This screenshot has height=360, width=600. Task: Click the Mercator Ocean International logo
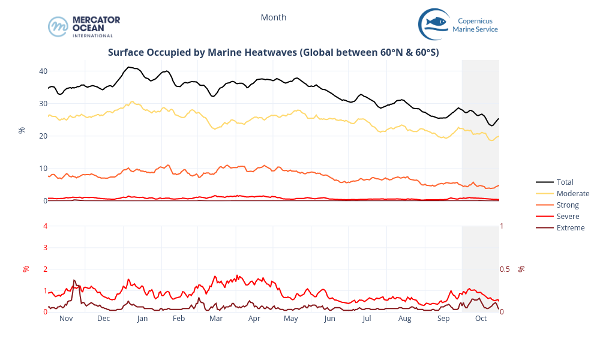pyautogui.click(x=84, y=26)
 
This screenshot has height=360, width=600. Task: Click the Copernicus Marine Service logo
pyautogui.click(x=458, y=25)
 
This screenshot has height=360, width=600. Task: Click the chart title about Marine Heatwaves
pyautogui.click(x=273, y=52)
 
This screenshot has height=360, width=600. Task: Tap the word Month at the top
pyautogui.click(x=273, y=17)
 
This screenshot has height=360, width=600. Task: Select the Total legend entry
pyautogui.click(x=565, y=182)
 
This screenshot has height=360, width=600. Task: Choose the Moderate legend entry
pyautogui.click(x=572, y=193)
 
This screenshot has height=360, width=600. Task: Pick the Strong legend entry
pyautogui.click(x=568, y=205)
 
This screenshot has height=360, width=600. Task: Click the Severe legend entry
pyautogui.click(x=568, y=216)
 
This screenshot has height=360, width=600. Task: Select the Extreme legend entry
pyautogui.click(x=570, y=227)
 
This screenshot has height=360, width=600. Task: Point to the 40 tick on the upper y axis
pyautogui.click(x=43, y=71)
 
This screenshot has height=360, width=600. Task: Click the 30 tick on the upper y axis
pyautogui.click(x=43, y=103)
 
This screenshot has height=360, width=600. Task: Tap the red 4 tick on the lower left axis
pyautogui.click(x=45, y=226)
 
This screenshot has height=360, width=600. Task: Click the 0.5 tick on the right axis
pyautogui.click(x=508, y=269)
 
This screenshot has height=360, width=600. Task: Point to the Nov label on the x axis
pyautogui.click(x=66, y=319)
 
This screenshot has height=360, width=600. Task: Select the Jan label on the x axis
pyautogui.click(x=142, y=319)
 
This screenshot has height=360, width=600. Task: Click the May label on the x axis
pyautogui.click(x=291, y=319)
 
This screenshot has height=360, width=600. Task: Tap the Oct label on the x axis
pyautogui.click(x=481, y=319)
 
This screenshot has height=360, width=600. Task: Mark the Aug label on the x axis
pyautogui.click(x=405, y=319)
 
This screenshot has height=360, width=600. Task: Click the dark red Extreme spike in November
pyautogui.click(x=74, y=280)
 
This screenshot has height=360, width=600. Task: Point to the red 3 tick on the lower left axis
pyautogui.click(x=45, y=247)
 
